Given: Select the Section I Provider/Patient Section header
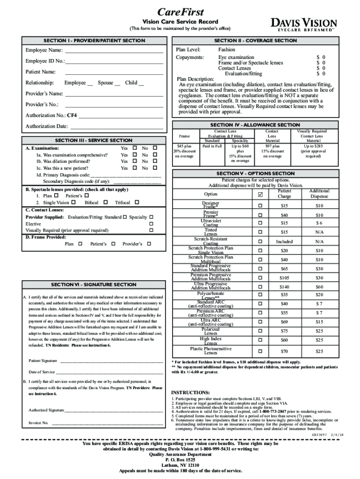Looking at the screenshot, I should pyautogui.click(x=94, y=41).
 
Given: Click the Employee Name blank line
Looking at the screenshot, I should pyautogui.click(x=114, y=51).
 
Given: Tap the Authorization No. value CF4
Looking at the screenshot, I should pyautogui.click(x=72, y=115).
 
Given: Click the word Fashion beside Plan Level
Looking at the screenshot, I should pyautogui.click(x=227, y=50).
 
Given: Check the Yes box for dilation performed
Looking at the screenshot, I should pyautogui.click(x=134, y=161).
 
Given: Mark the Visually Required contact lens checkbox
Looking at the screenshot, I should pyautogui.click(x=151, y=231).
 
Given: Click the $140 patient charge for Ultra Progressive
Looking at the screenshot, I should pyautogui.click(x=284, y=287).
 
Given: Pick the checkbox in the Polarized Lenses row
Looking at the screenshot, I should pyautogui.click(x=260, y=331).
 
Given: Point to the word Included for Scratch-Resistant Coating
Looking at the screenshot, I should pyautogui.click(x=284, y=242).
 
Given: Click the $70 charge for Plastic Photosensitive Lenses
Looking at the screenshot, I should pyautogui.click(x=284, y=351).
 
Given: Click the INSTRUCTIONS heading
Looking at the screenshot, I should pyautogui.click(x=190, y=392).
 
